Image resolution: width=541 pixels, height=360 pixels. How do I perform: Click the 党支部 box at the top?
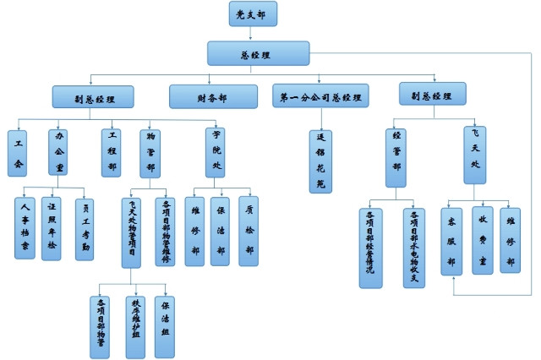pos(252,14)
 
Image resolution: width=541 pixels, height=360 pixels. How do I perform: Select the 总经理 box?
pos(251,53)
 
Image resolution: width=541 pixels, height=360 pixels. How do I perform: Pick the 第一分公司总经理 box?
pos(320,96)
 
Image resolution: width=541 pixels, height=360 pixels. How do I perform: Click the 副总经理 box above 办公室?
pos(93,96)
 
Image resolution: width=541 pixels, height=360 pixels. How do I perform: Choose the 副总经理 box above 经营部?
pos(432,95)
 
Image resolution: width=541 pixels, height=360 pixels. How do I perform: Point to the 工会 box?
pos(17,152)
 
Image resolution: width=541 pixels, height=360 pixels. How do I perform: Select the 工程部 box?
pos(110,152)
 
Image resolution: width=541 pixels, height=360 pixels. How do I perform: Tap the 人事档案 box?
pos(25,226)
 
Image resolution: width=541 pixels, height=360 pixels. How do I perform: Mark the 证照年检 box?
pos(52,226)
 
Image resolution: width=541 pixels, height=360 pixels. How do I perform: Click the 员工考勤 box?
pos(85,228)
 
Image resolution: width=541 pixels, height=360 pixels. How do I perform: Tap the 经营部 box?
pos(396,156)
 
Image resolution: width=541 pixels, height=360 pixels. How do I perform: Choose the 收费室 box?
pos(482,239)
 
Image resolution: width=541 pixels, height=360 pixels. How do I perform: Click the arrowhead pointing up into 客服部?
pos(454,282)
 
